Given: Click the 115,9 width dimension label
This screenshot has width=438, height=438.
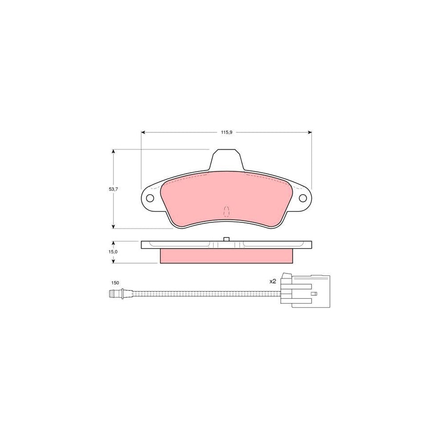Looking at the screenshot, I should (x=226, y=132).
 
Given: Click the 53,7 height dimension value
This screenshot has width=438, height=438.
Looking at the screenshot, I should (x=113, y=189).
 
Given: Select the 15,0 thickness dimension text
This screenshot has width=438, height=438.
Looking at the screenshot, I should (x=113, y=252).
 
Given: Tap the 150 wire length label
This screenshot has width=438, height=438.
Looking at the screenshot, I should (x=115, y=282).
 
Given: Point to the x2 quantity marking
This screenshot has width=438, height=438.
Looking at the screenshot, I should (x=273, y=281).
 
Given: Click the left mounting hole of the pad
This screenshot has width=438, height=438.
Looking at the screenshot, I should (x=150, y=198).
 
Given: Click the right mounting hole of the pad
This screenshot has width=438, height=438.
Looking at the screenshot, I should (x=303, y=198).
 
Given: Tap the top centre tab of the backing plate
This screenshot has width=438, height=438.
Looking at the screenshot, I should (x=226, y=161).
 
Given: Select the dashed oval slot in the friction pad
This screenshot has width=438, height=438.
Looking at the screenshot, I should (x=226, y=211).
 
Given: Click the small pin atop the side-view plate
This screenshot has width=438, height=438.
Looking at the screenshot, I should (x=226, y=239).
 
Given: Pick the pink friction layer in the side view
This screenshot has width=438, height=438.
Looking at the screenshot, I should (x=226, y=256).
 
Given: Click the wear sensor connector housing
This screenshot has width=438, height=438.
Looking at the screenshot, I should (x=310, y=292).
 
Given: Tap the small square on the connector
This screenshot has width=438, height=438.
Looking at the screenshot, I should (x=314, y=293).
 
